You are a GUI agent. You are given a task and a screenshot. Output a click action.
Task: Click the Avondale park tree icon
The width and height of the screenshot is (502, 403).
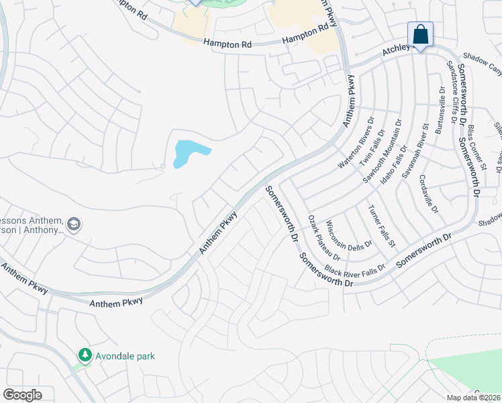point(84,355)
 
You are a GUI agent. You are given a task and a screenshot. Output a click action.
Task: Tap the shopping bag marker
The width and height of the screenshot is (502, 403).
point(420,34)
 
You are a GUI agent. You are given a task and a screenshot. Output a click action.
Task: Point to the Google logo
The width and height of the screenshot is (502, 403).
point(22,395)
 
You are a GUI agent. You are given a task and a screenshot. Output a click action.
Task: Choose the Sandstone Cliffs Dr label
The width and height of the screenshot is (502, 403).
point(456,93)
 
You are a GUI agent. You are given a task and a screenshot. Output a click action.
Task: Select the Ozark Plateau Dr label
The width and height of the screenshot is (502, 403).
point(324,238)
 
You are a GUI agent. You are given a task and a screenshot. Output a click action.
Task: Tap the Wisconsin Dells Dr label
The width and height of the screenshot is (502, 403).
point(348,232)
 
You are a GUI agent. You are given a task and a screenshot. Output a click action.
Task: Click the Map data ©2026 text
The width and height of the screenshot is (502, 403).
point(474,397)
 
